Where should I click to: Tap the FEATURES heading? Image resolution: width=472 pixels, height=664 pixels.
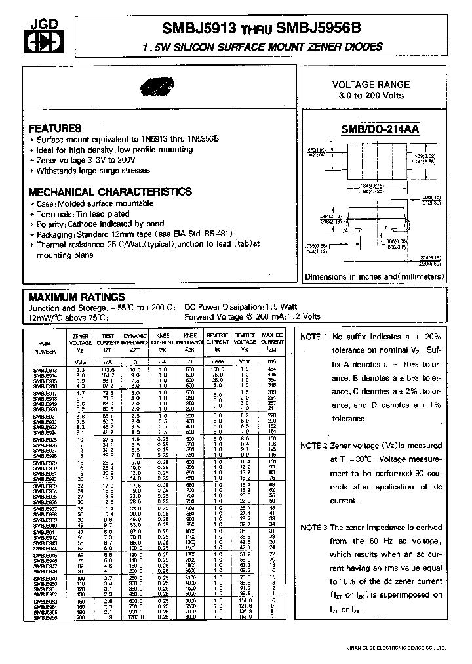[56, 129]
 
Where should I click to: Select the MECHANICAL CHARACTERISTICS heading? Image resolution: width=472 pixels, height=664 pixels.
[110, 192]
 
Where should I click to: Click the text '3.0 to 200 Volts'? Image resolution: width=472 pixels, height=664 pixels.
[371, 96]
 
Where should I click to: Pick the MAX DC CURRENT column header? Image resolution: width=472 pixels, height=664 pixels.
[271, 339]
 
